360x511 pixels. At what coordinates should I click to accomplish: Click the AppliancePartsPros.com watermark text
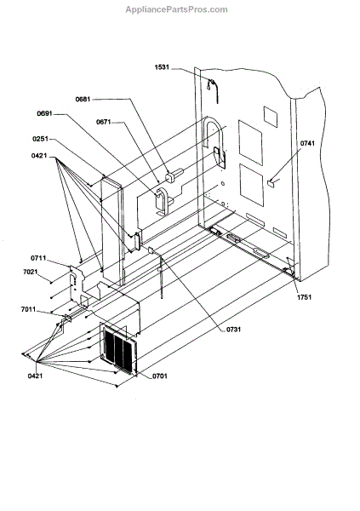point(176,9)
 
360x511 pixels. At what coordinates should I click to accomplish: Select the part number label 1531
point(162,67)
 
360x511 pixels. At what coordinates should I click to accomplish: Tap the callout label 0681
point(83,99)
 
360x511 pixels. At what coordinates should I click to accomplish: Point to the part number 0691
point(44,114)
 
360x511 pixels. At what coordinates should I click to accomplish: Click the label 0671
point(104,122)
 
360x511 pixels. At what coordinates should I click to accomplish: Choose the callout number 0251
point(40,139)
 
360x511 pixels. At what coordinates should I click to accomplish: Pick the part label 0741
point(307,143)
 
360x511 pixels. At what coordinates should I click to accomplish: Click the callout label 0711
point(38,258)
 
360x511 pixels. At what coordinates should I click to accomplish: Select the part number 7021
point(31,272)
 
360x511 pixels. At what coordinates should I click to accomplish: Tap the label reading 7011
point(28,309)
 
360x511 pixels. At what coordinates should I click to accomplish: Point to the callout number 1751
point(304,297)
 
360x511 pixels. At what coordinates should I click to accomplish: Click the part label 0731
point(233,330)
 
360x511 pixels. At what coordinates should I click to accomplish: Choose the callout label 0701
point(160,376)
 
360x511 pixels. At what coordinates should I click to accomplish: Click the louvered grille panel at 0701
point(119,348)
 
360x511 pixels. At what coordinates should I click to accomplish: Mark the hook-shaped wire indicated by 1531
point(213,90)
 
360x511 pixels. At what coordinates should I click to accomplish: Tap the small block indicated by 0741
point(271,182)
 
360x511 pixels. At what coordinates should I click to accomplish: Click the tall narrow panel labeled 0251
point(112,230)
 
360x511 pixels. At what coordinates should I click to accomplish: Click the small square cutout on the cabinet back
point(271,117)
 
